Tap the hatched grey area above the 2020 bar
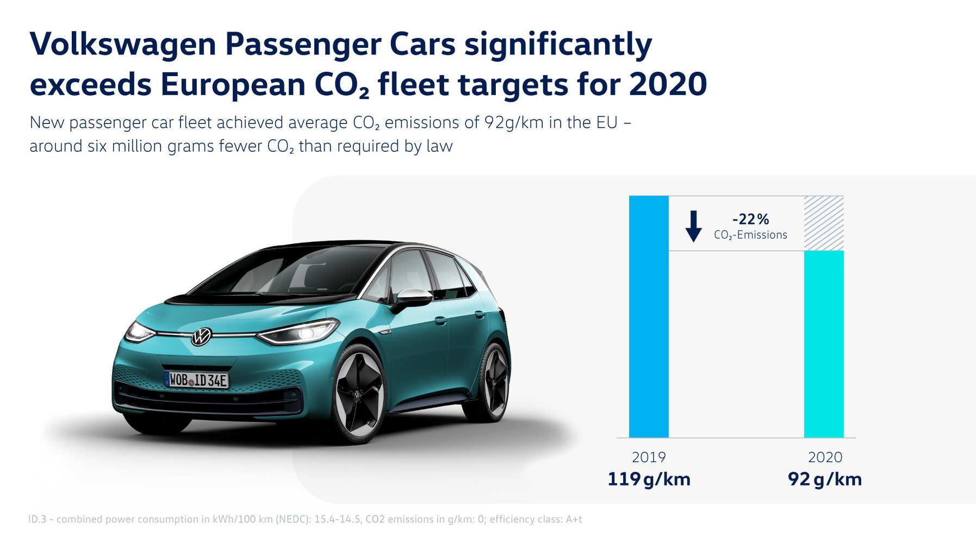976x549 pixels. coord(824,223)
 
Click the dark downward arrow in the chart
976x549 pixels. coord(693,226)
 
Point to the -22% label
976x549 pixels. coord(750,219)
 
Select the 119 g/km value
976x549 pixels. coord(649,479)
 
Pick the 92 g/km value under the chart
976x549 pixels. coord(825,479)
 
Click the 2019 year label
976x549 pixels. coord(649,457)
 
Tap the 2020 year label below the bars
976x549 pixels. coord(825,457)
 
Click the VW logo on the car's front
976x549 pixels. coord(201,336)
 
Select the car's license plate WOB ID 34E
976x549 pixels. coord(196,380)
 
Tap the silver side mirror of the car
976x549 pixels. coord(414,296)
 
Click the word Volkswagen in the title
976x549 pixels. coord(123,45)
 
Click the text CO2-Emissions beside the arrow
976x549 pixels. coord(750,235)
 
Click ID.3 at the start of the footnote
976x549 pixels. coord(38,520)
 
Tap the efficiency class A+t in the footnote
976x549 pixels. coord(574,520)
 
